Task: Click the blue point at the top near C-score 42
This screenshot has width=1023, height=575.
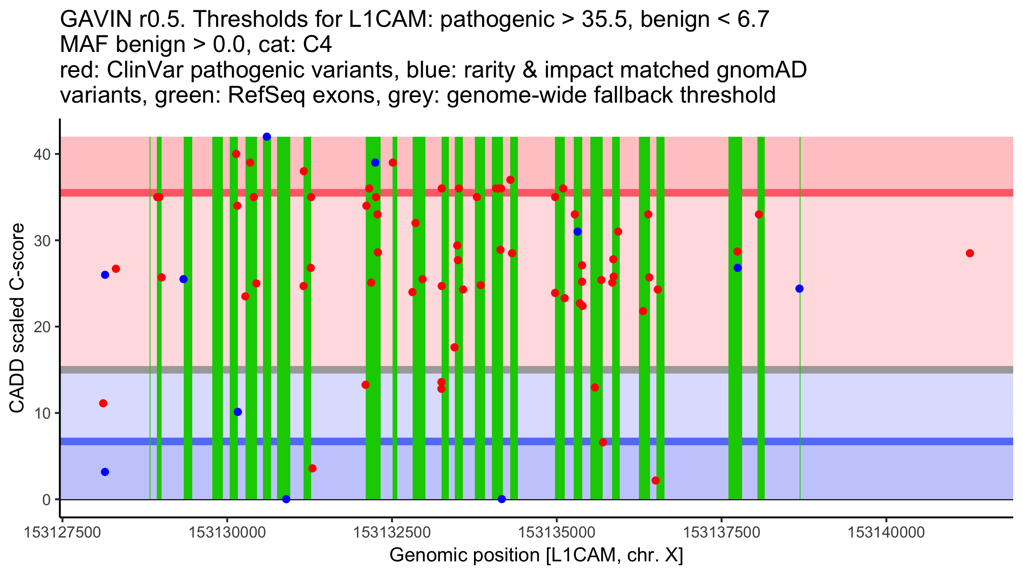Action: click(267, 137)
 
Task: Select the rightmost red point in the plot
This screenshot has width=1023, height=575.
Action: click(970, 253)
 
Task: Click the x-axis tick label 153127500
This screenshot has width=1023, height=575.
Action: click(63, 532)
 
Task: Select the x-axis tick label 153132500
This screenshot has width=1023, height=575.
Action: click(392, 532)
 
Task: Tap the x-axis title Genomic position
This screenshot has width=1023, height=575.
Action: click(536, 555)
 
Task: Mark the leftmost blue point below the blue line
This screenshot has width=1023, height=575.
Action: click(105, 472)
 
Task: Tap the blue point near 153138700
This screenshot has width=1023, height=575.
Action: click(799, 289)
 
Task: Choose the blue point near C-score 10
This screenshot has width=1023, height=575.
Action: click(238, 412)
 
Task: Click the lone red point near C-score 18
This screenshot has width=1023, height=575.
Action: click(454, 348)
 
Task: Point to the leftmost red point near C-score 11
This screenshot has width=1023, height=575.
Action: click(103, 403)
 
